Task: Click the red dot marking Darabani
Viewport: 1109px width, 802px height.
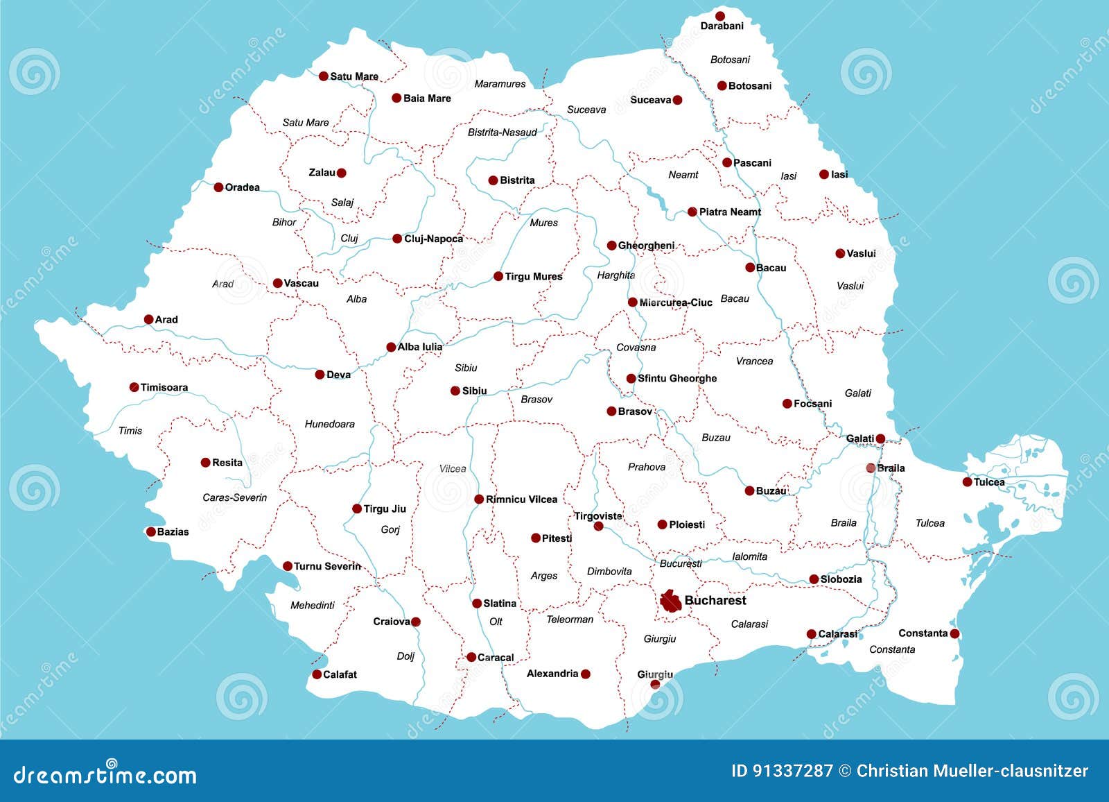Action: point(720,16)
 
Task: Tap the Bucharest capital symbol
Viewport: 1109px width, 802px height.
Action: point(670,601)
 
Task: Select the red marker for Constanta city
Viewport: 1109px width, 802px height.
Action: point(954,633)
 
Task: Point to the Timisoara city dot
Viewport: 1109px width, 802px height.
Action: point(134,387)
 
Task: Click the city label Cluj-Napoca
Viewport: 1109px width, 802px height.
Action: point(433,239)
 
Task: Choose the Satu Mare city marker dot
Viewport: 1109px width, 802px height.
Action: point(323,76)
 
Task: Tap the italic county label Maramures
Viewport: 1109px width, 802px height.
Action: point(500,84)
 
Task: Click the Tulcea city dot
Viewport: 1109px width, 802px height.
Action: point(967,481)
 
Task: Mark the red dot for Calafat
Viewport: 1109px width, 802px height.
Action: point(317,674)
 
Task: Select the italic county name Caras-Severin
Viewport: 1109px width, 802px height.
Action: point(234,497)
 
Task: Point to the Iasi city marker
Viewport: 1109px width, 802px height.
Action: point(823,175)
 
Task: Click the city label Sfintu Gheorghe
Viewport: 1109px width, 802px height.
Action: point(677,378)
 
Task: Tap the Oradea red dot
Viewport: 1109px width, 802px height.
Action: point(218,187)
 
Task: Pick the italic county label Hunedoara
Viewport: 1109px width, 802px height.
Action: point(329,424)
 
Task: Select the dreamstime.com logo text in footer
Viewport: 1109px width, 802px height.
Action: point(105,774)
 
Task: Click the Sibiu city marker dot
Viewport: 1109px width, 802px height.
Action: point(455,391)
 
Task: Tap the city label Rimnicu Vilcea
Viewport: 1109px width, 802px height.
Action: point(521,500)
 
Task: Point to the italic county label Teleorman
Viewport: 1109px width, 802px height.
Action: point(570,620)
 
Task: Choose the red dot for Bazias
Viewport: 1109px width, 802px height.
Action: point(150,532)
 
